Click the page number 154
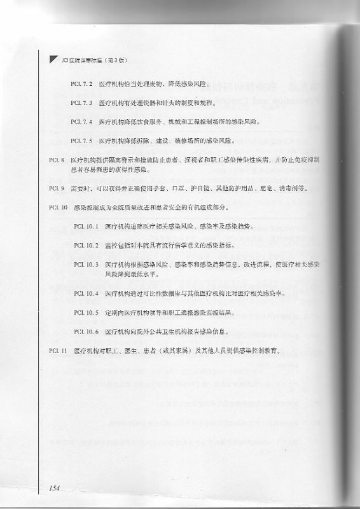[53, 489]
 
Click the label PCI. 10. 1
[87, 226]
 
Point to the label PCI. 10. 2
[87, 244]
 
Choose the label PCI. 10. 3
[87, 263]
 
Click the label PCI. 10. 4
[87, 293]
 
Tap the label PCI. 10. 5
[87, 312]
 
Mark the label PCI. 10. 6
[87, 331]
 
